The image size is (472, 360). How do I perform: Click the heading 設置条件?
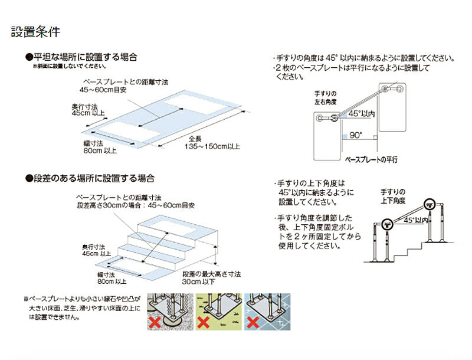click(x=35, y=32)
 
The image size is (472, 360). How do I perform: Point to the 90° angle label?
click(x=355, y=135)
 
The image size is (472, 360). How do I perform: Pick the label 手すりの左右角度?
click(x=325, y=98)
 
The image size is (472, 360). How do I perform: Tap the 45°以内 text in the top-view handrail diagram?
click(x=362, y=113)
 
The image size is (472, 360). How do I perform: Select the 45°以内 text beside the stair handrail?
click(x=413, y=220)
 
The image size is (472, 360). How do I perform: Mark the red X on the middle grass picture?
click(x=204, y=323)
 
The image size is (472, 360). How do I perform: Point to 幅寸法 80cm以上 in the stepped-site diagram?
click(x=112, y=278)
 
